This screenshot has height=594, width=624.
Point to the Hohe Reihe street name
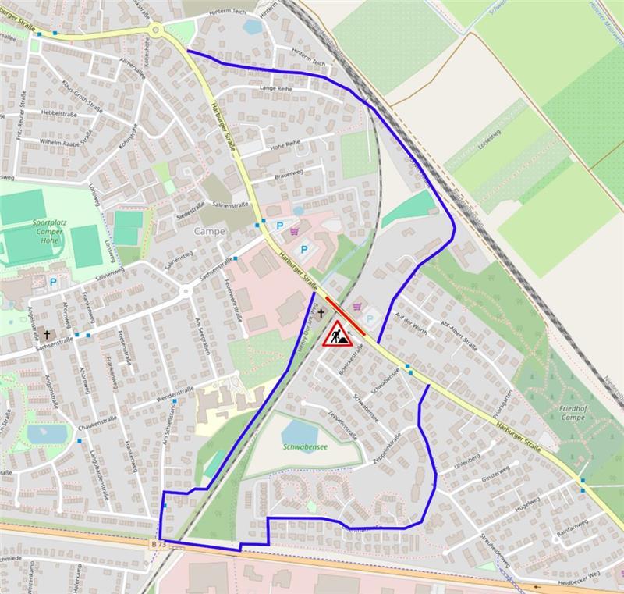tap(285, 144)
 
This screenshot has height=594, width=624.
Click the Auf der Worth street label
tap(411, 322)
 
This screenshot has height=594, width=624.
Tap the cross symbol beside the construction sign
tap(320, 312)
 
